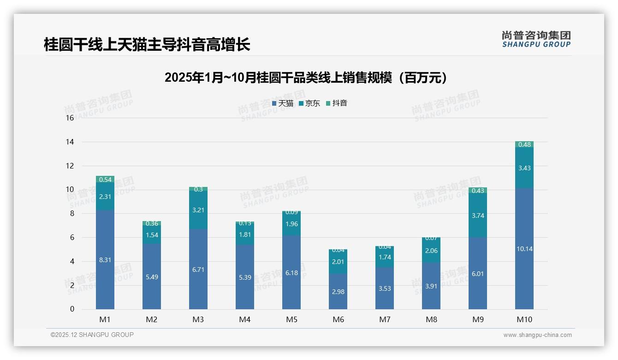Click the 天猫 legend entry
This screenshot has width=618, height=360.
283,103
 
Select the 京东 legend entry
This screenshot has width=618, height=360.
309,103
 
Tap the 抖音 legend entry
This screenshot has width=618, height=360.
337,103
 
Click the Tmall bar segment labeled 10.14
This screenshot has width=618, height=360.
524,249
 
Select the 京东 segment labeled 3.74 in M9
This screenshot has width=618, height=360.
478,216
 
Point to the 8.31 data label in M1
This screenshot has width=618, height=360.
105,260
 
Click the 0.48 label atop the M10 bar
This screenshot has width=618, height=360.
524,144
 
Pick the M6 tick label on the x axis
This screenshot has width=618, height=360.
338,319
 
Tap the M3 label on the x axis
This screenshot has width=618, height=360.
198,319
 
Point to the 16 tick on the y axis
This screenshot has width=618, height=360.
70,118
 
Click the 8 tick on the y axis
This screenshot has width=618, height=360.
71,214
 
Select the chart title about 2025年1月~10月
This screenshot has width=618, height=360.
306,78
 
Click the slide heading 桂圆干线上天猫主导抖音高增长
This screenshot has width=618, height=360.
147,45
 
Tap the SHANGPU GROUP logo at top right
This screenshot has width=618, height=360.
536,39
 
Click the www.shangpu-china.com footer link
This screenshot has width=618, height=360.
537,335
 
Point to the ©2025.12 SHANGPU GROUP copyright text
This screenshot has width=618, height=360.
92,335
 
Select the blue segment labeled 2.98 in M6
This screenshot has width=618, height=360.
338,292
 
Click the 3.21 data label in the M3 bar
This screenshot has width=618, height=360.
198,210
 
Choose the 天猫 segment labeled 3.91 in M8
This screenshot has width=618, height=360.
431,286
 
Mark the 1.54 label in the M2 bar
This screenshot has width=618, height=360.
152,235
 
